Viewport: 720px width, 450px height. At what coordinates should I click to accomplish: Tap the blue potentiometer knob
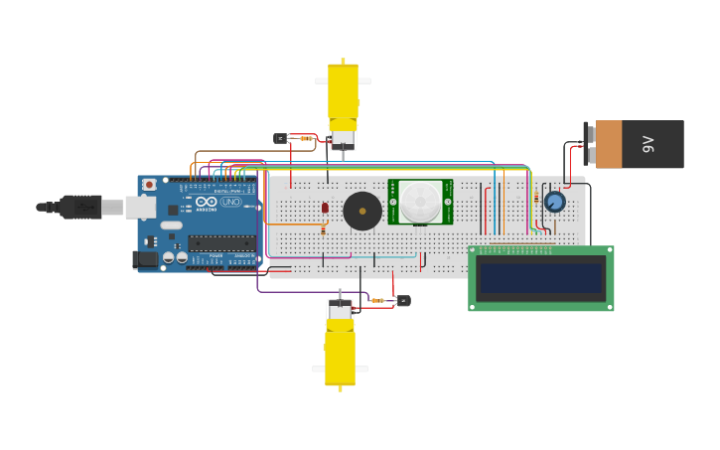[x=554, y=202]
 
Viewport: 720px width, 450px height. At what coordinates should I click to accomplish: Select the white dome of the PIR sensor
[x=420, y=202]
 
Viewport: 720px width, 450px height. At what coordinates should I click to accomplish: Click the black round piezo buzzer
[x=362, y=211]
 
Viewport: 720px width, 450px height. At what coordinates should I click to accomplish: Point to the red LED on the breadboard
[x=325, y=208]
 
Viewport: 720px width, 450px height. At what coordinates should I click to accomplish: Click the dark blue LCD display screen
[x=540, y=277]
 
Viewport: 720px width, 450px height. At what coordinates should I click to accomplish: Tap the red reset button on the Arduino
[x=150, y=184]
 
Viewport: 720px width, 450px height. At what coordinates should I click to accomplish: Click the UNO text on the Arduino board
[x=229, y=202]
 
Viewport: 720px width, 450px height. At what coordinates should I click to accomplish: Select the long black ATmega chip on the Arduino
[x=220, y=242]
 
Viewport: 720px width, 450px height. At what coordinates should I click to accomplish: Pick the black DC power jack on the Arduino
[x=144, y=259]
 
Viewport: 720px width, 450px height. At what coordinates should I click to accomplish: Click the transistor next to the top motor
[x=281, y=138]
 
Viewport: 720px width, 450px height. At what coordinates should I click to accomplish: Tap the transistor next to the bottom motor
[x=402, y=300]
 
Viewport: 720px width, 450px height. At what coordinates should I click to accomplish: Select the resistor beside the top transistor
[x=306, y=138]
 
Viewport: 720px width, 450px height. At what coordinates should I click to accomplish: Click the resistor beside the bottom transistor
[x=378, y=300]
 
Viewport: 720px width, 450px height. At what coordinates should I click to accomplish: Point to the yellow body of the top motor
[x=343, y=91]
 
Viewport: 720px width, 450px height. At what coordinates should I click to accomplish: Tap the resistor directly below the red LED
[x=323, y=228]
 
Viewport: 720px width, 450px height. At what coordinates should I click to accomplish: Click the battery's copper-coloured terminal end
[x=608, y=144]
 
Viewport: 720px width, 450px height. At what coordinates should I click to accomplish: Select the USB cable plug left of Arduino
[x=79, y=207]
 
